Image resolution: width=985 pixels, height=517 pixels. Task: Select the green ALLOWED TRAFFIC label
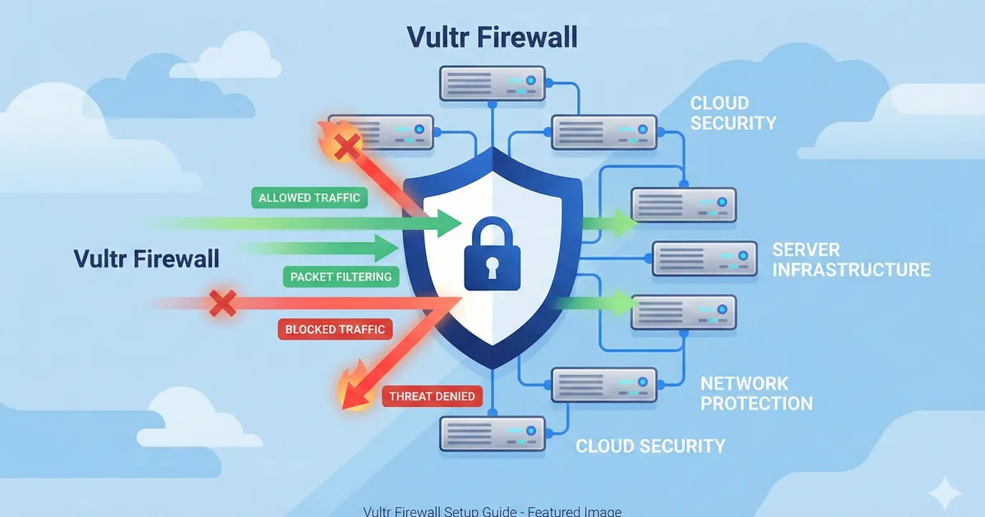coord(309,198)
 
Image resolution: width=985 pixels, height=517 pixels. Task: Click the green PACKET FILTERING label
coord(341,277)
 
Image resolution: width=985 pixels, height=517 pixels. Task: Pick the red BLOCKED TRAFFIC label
coord(334,329)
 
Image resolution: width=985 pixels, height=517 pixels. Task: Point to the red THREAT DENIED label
coord(432,396)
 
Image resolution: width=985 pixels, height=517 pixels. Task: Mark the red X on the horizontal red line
coord(222,303)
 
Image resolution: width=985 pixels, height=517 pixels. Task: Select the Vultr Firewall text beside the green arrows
coord(147,259)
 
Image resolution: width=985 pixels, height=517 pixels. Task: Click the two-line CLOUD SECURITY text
coord(732,113)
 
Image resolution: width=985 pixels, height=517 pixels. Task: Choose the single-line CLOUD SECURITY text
coord(650,446)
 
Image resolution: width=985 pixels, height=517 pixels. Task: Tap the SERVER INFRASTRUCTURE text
coord(850,259)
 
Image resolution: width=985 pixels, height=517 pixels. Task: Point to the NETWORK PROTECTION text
coord(755,393)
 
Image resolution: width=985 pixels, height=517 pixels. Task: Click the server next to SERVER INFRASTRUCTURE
coord(704,258)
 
